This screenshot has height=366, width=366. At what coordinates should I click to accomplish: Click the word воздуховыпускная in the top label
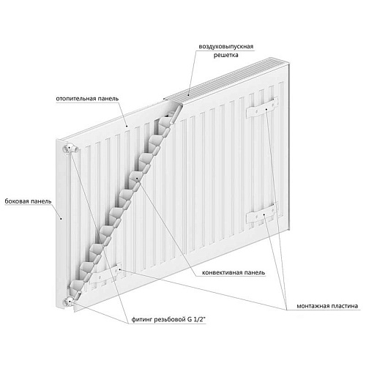(x=226, y=47)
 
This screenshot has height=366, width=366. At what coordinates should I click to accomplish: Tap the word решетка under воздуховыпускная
(x=226, y=55)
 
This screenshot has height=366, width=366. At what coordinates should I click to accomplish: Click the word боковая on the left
(x=16, y=201)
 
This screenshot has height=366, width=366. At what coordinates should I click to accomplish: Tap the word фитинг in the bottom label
(x=141, y=320)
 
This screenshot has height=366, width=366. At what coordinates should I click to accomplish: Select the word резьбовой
(x=169, y=320)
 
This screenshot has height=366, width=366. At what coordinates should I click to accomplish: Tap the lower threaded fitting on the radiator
(x=70, y=302)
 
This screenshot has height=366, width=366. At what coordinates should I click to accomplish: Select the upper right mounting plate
(x=262, y=108)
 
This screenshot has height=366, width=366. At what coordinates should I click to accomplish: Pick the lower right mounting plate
(x=262, y=214)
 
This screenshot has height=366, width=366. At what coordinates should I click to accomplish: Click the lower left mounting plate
(x=105, y=275)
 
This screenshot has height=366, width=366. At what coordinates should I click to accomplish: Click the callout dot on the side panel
(x=61, y=219)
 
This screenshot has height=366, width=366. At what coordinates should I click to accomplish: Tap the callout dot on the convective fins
(x=137, y=179)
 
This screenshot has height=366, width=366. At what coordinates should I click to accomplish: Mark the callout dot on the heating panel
(x=127, y=126)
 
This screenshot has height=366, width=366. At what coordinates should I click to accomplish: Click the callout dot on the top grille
(x=189, y=94)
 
